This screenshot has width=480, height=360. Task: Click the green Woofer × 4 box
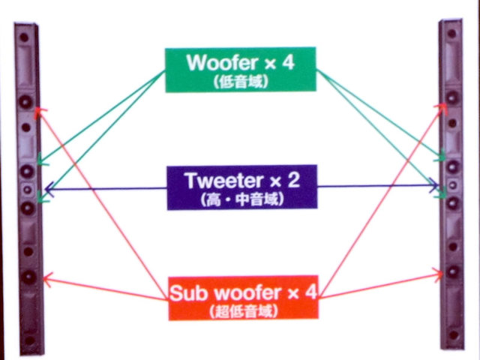[240, 70]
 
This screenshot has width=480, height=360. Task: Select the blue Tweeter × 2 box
[240, 187]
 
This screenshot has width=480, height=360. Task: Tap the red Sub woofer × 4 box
[240, 296]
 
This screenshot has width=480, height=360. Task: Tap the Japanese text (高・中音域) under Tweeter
[240, 200]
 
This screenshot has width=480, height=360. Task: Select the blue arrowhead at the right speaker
[435, 184]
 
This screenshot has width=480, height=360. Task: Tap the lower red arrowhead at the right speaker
[439, 274]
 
